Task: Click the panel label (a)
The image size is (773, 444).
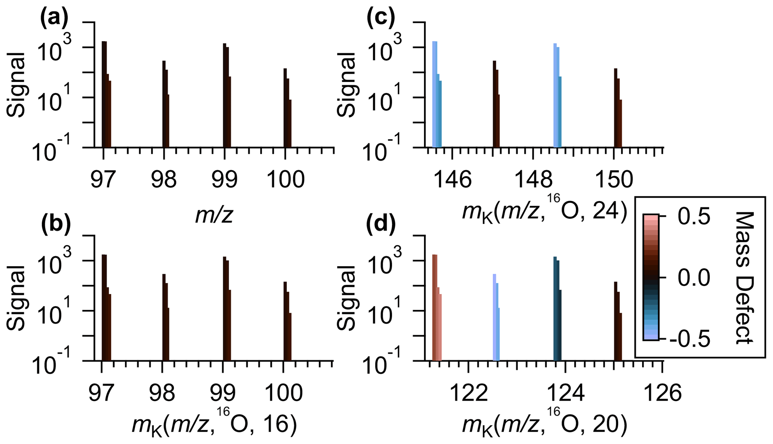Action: pos(54,19)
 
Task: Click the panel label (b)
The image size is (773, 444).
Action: pos(55,226)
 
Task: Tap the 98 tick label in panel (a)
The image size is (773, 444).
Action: pos(164,180)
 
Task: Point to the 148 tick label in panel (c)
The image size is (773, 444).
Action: pos(533,180)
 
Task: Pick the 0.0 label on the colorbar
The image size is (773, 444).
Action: pos(694,278)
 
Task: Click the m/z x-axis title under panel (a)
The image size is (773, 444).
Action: pos(214,215)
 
